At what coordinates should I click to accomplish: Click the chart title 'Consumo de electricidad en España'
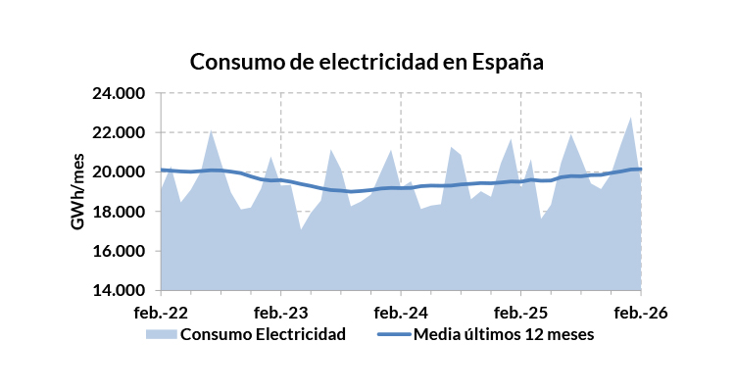point(366,61)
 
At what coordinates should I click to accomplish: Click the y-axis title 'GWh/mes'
point(77,193)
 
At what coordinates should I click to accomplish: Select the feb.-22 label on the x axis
point(161,314)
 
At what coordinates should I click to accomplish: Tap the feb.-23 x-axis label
point(281,314)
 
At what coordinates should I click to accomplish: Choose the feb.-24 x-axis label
point(401,314)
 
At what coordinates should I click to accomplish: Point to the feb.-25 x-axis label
point(520,314)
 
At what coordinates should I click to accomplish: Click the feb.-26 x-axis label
point(640,314)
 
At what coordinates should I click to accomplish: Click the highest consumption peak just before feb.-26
point(630,119)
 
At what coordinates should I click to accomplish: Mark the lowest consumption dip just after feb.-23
point(301,230)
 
